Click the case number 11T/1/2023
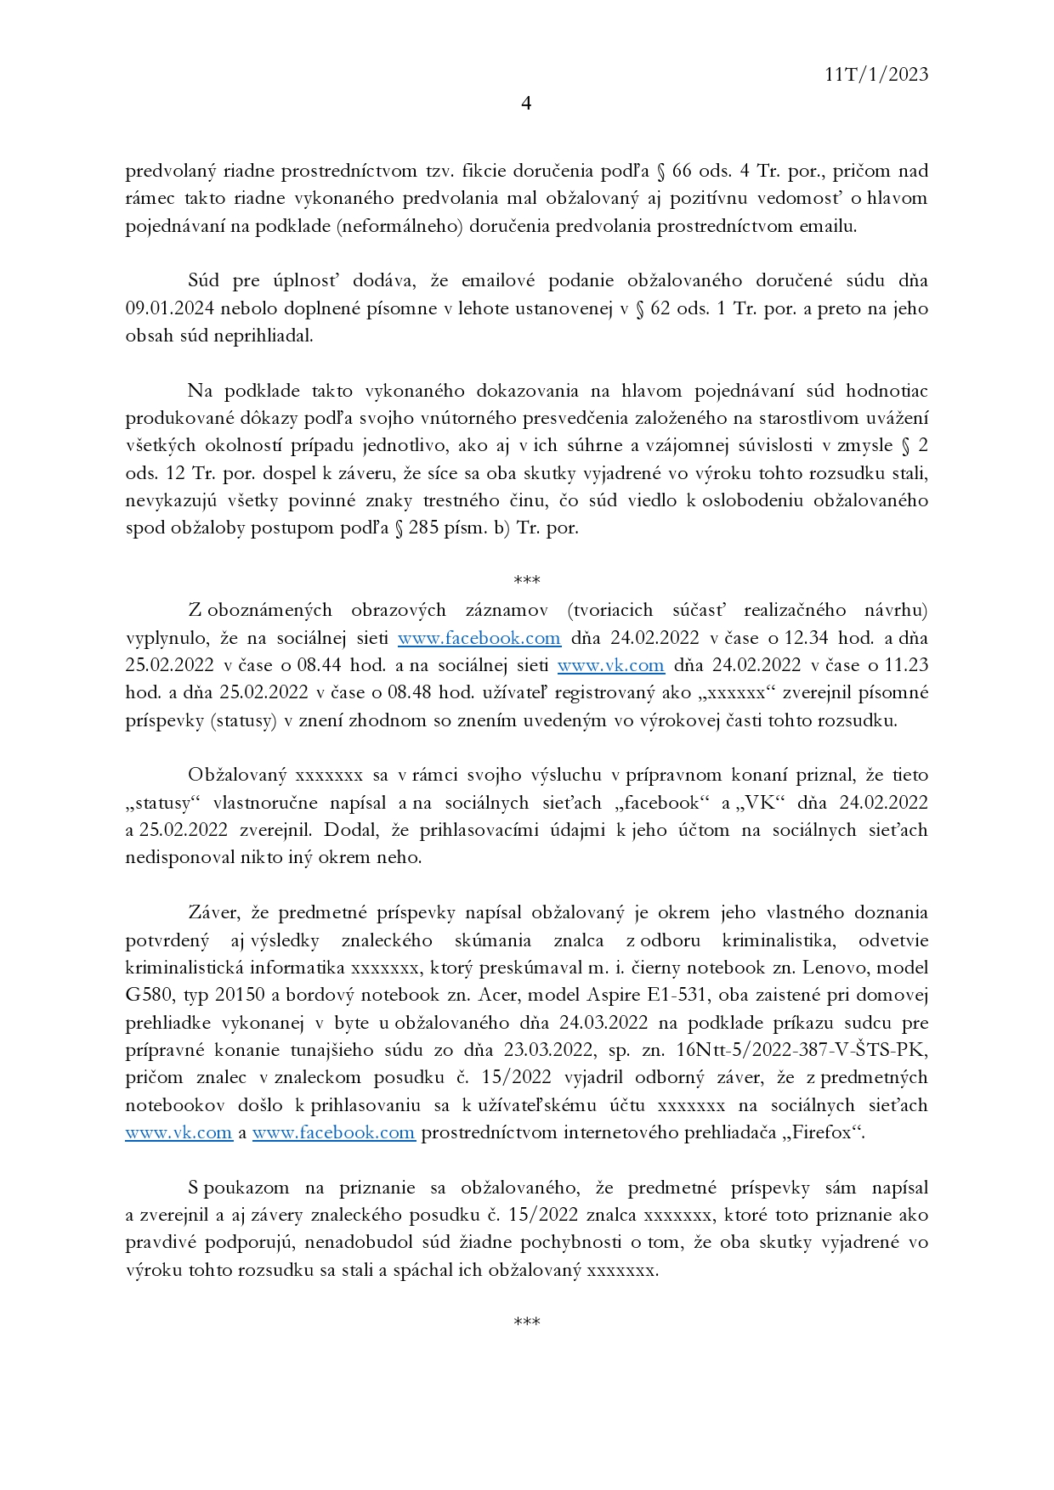[876, 75]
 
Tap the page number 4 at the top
[526, 104]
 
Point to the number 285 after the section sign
[423, 528]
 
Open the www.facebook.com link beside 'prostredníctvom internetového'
[333, 1132]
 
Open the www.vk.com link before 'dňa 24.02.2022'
[610, 665]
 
